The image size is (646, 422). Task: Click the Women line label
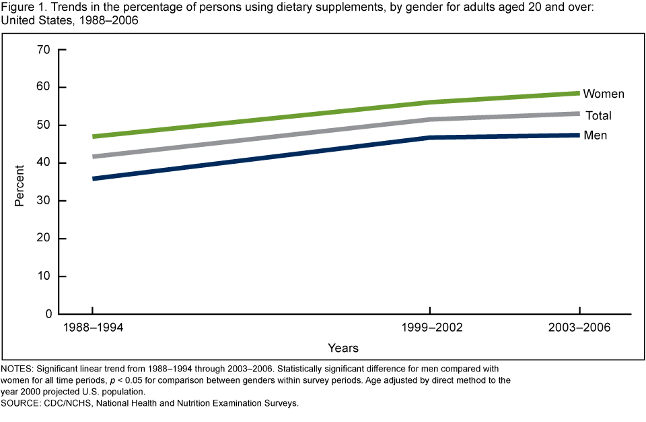tap(604, 94)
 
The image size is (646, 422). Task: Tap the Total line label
tap(598, 115)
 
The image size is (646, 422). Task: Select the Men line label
tap(596, 135)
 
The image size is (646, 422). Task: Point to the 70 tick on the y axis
tap(44, 50)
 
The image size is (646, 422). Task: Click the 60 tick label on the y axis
tap(44, 88)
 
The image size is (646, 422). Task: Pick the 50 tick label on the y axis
tap(44, 125)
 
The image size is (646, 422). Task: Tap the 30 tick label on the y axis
tap(44, 201)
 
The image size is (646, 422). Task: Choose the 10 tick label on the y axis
tap(44, 276)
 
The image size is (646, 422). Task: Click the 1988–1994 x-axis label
tap(93, 329)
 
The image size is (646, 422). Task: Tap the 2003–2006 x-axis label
tap(579, 329)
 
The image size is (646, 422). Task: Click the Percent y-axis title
tap(19, 185)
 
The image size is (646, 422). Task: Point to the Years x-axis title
tap(343, 349)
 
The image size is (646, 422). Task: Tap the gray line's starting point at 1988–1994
tap(94, 156)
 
